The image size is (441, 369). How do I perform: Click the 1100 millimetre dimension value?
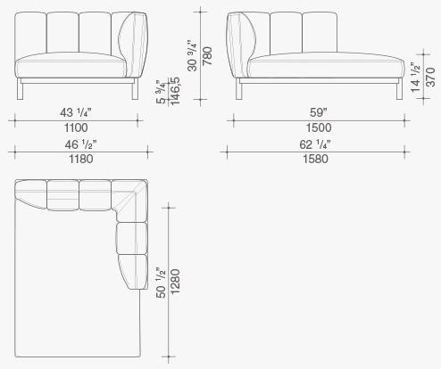(76, 127)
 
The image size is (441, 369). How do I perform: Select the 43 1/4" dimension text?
(76, 112)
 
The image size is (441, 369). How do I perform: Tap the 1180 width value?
(81, 159)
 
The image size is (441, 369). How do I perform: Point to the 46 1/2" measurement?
(80, 144)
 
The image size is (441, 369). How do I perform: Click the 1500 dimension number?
(319, 127)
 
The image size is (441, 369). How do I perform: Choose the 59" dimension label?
(319, 112)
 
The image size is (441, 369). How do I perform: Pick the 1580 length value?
(316, 159)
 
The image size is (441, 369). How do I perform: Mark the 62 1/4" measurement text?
(315, 144)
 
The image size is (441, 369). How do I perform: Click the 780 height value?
(207, 56)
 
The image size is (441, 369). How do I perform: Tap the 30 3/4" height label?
(193, 56)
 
